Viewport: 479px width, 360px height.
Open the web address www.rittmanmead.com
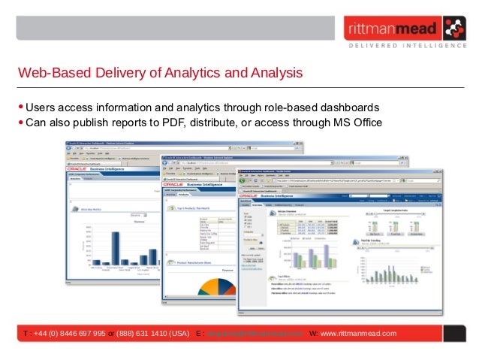(x=358, y=333)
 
